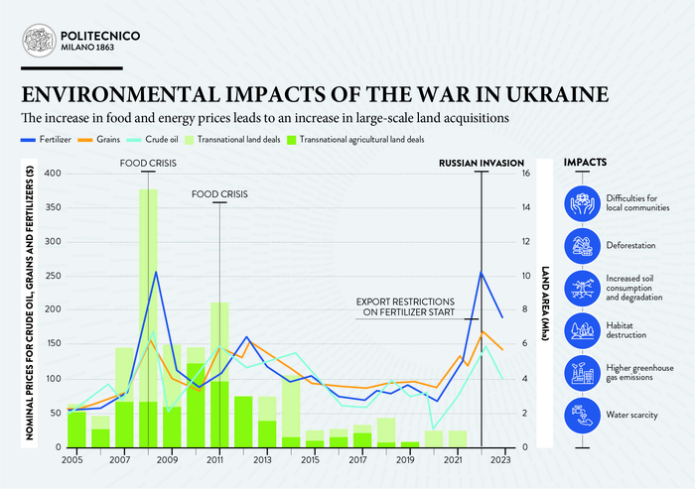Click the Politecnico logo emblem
click(40, 41)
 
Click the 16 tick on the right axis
click(525, 174)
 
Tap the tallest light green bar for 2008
click(148, 298)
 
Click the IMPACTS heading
click(586, 162)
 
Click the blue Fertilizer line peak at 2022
click(482, 272)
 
